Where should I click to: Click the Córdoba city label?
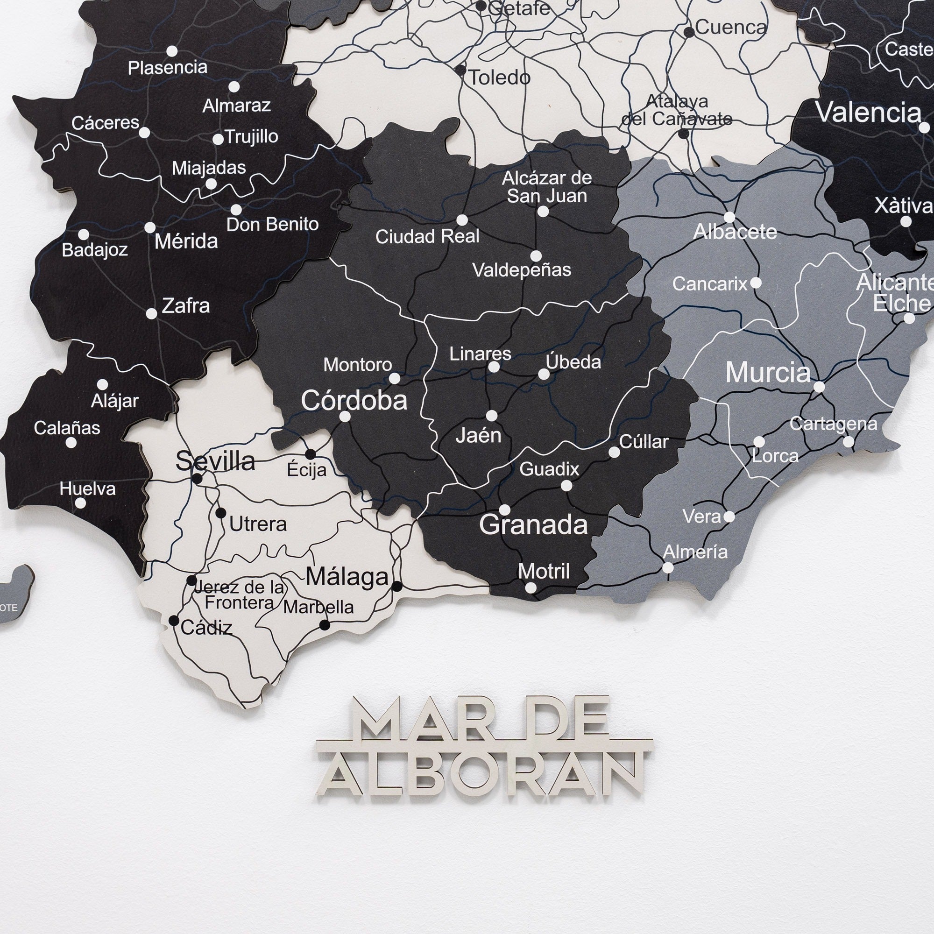pyautogui.click(x=354, y=401)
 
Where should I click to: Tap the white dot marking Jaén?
pyautogui.click(x=492, y=416)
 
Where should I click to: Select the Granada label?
pyautogui.click(x=533, y=525)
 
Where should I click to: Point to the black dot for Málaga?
pyautogui.click(x=397, y=587)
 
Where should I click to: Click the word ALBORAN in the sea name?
pyautogui.click(x=481, y=780)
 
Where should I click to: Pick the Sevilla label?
pyautogui.click(x=215, y=461)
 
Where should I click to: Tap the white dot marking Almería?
pyautogui.click(x=668, y=567)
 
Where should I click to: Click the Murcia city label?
pyautogui.click(x=768, y=373)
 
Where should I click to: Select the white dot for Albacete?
pyautogui.click(x=729, y=217)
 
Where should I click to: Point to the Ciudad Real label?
pyautogui.click(x=427, y=237)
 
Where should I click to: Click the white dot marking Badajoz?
pyautogui.click(x=84, y=235)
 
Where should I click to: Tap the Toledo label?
pyautogui.click(x=500, y=78)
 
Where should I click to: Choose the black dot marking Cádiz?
pyautogui.click(x=174, y=621)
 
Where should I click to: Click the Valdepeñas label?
pyautogui.click(x=522, y=270)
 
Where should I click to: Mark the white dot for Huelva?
pyautogui.click(x=81, y=503)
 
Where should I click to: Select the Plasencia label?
pyautogui.click(x=167, y=68)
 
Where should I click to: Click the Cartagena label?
pyautogui.click(x=833, y=424)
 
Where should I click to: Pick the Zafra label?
pyautogui.click(x=186, y=306)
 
